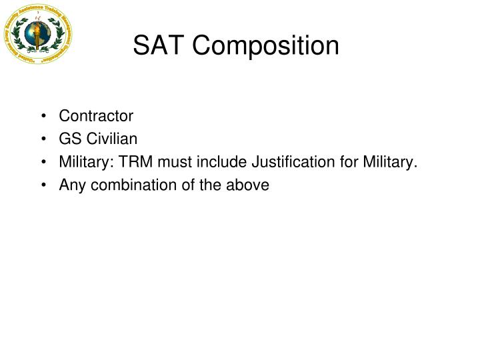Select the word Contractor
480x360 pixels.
[x=96, y=116]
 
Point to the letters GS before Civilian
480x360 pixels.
[x=70, y=139]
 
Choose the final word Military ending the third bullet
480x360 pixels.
[x=389, y=163]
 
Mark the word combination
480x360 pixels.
[x=131, y=185]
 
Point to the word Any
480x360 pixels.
[x=71, y=185]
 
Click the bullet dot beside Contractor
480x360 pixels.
[x=43, y=117]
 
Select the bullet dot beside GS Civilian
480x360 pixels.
[x=43, y=139]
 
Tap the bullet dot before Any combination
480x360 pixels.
[x=43, y=185]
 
